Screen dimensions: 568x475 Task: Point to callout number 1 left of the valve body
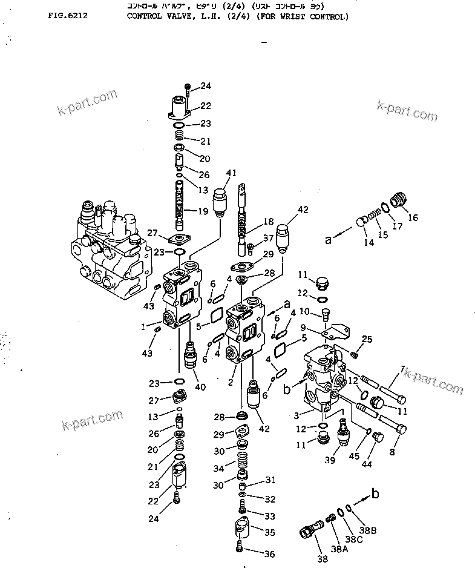(x=143, y=326)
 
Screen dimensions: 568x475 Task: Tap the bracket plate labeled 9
(x=336, y=331)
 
